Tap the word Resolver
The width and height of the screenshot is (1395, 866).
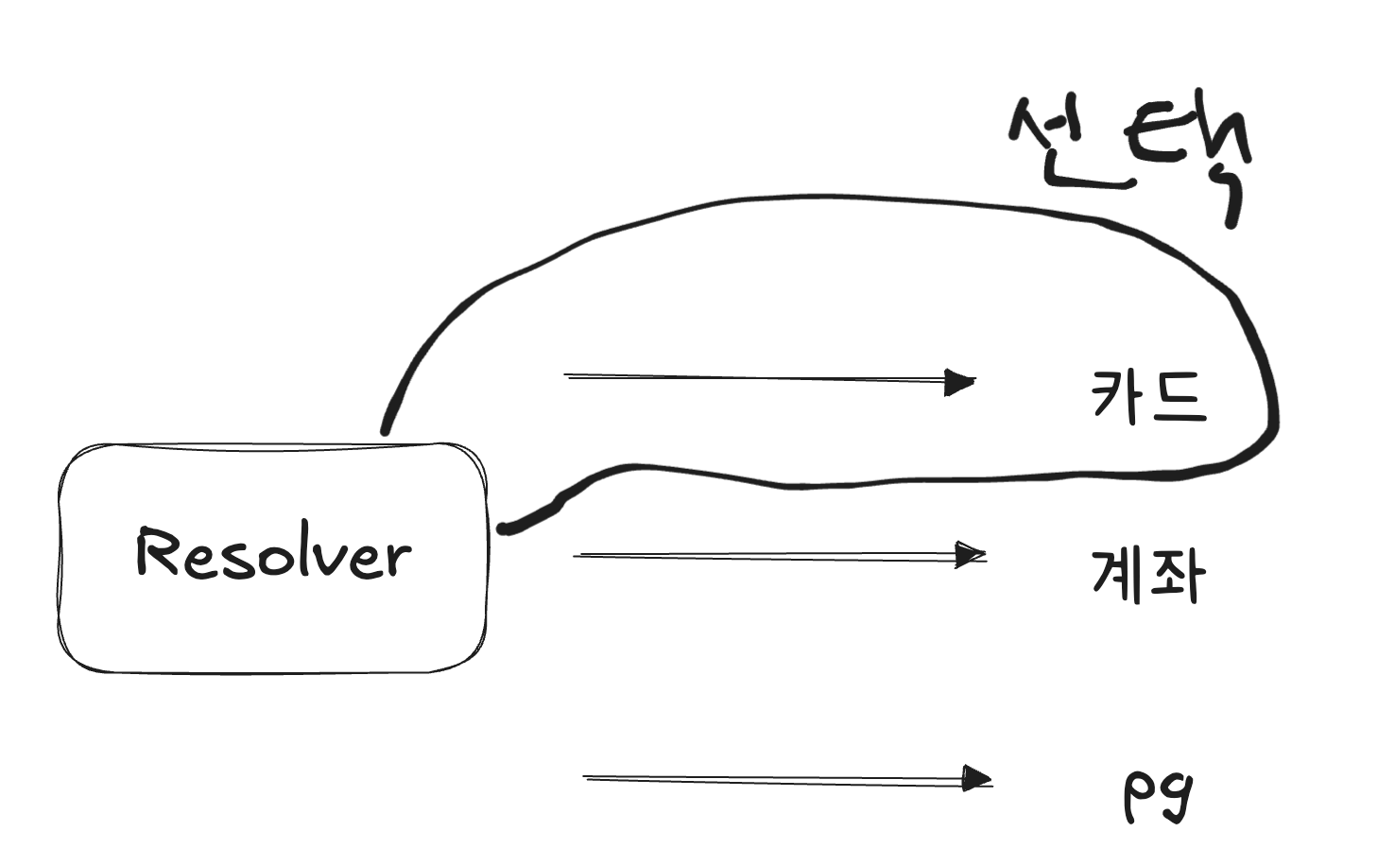click(x=274, y=554)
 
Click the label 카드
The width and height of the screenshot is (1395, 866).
click(x=1149, y=395)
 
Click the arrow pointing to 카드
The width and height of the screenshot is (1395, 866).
click(x=756, y=378)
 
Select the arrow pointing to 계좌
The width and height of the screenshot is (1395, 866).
click(x=766, y=556)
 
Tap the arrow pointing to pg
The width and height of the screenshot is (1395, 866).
click(x=775, y=779)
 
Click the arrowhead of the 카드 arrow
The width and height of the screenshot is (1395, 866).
click(x=960, y=382)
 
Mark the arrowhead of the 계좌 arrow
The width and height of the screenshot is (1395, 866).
click(x=970, y=555)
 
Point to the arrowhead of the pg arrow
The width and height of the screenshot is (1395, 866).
click(x=977, y=779)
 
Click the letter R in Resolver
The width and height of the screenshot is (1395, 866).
click(x=157, y=552)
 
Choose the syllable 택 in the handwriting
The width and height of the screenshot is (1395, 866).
click(x=1191, y=156)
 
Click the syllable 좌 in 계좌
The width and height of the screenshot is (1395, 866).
click(x=1178, y=575)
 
